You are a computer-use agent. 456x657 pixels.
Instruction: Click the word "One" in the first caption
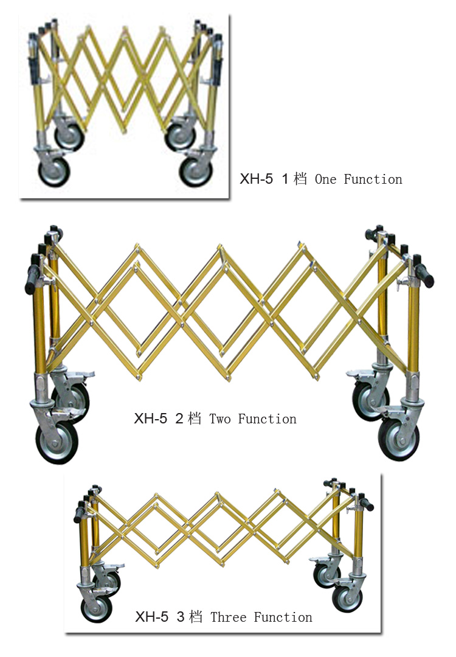(x=325, y=179)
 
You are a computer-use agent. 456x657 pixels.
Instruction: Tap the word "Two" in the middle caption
(x=220, y=419)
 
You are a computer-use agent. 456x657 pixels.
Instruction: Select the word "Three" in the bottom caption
(x=229, y=617)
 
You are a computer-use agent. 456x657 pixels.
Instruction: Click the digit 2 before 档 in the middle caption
(x=179, y=419)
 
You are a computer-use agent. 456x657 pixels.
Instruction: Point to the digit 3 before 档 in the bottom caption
(x=181, y=617)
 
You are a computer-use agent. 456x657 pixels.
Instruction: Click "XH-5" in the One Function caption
(x=256, y=179)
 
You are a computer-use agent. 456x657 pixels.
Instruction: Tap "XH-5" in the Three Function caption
(x=151, y=617)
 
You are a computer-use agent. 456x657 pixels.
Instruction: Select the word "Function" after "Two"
(x=267, y=419)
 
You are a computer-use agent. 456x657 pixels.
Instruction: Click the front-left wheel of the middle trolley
(x=57, y=443)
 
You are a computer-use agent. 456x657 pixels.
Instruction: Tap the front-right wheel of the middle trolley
(x=399, y=439)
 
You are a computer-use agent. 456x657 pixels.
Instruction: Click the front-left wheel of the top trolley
(x=54, y=172)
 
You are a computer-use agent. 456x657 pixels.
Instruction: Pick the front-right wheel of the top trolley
(x=196, y=172)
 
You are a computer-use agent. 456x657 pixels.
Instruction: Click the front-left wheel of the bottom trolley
(x=97, y=608)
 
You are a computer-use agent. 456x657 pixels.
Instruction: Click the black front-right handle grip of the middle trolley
(x=424, y=276)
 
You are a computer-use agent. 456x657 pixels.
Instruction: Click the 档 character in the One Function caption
(x=300, y=179)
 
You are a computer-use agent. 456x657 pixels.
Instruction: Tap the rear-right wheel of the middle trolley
(x=371, y=400)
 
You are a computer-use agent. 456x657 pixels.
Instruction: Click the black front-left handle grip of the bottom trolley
(x=79, y=514)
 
